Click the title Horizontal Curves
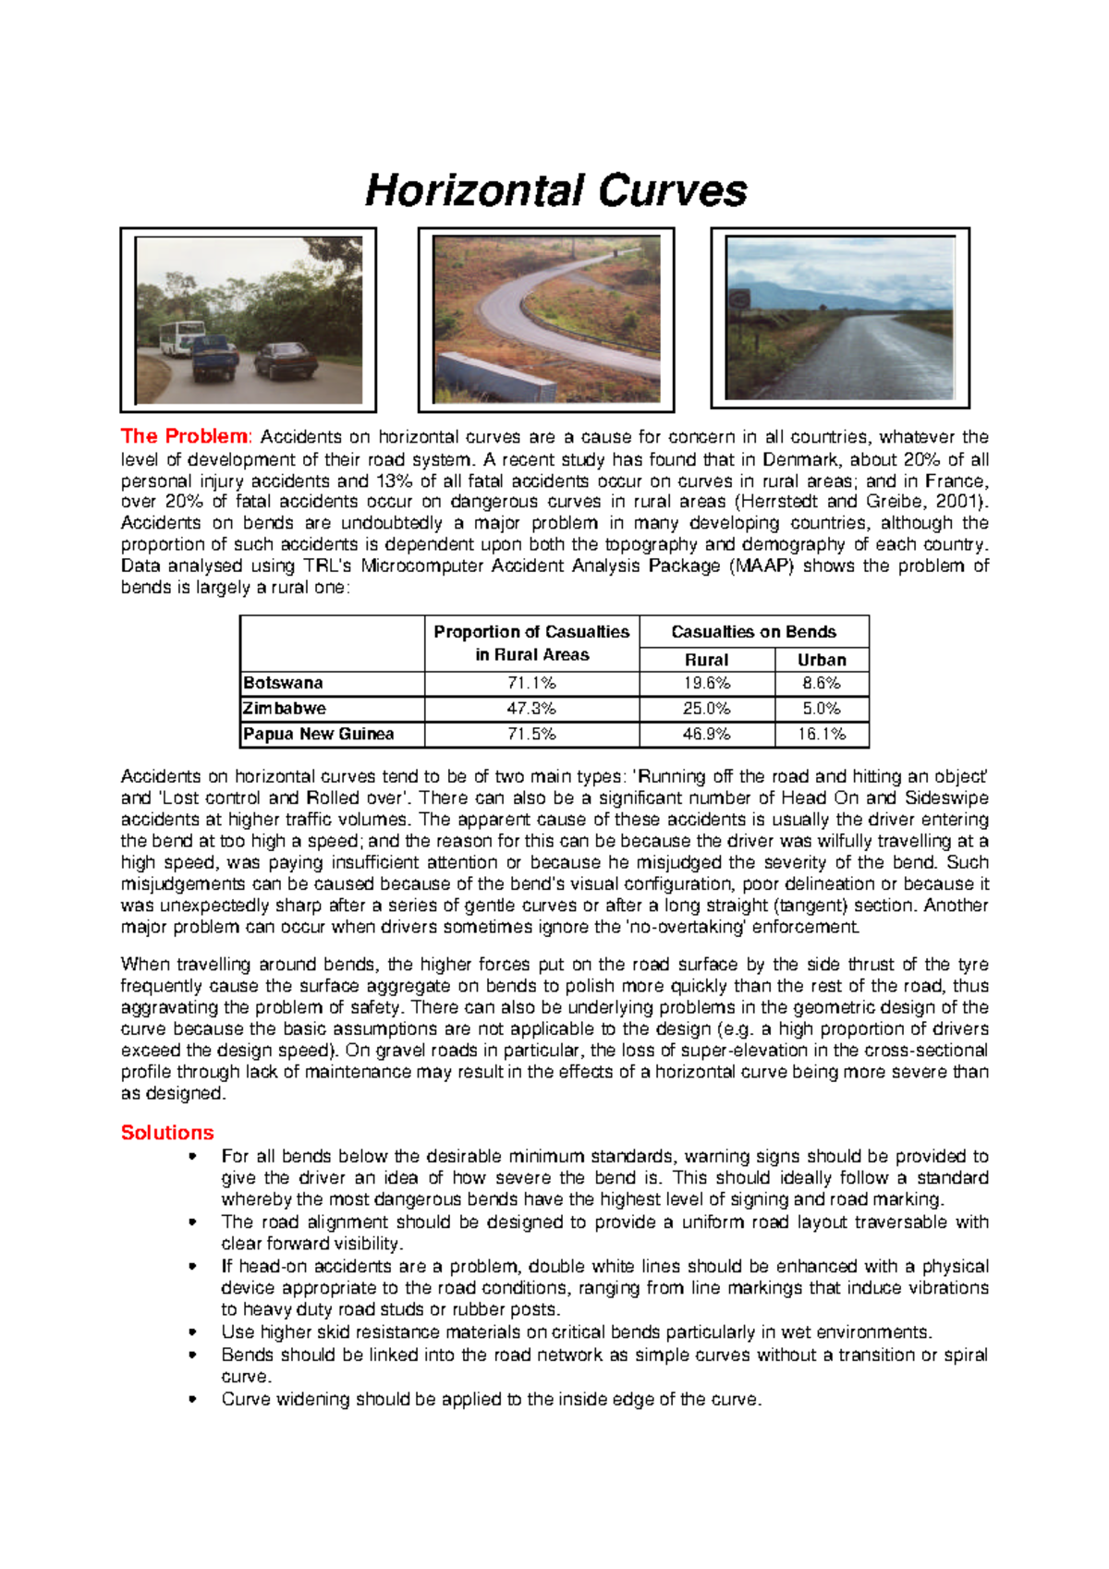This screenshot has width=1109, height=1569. [555, 190]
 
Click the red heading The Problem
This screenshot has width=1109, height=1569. [184, 436]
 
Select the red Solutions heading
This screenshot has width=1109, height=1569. [167, 1133]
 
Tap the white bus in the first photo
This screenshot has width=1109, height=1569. [181, 337]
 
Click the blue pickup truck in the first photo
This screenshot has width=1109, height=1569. [214, 358]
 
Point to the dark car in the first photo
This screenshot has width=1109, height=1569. [286, 360]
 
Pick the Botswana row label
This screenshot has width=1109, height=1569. [283, 684]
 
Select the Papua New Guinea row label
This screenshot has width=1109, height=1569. [318, 735]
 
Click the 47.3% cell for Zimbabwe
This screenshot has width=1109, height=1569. [531, 709]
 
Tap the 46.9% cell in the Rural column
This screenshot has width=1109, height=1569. [706, 735]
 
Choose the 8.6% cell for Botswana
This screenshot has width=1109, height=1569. [821, 684]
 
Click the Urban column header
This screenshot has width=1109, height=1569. [821, 660]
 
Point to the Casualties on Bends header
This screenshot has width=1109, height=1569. [753, 632]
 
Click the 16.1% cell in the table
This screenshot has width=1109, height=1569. [821, 735]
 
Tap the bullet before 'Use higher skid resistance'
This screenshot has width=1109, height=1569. [192, 1332]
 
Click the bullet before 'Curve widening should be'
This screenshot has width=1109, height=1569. [192, 1399]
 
